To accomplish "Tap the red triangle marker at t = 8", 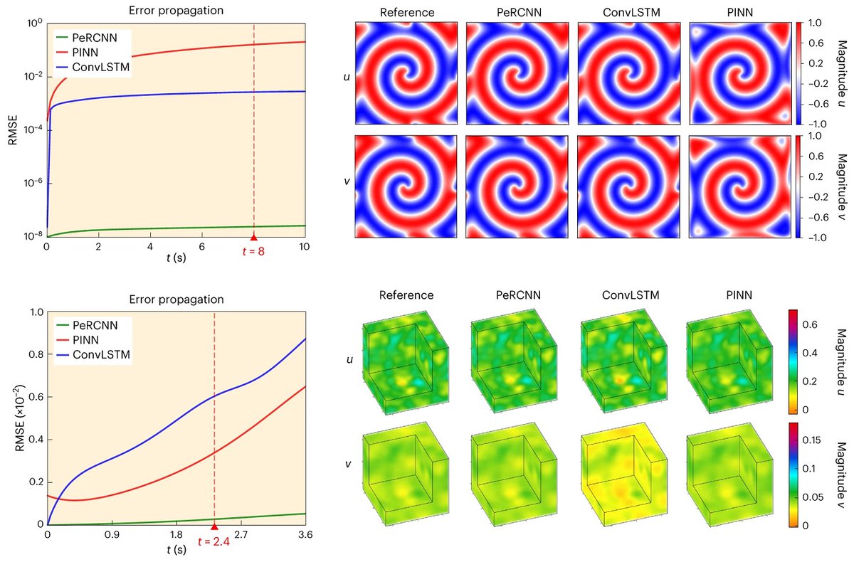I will coord(253,238).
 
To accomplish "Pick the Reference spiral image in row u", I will coord(408,73).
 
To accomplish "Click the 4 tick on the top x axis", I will coord(150,245).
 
